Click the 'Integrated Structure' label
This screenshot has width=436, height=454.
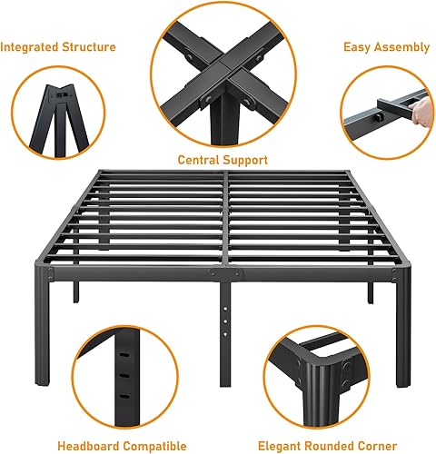58,46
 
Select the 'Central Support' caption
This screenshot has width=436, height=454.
223,159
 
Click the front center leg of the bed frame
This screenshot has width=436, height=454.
223,310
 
